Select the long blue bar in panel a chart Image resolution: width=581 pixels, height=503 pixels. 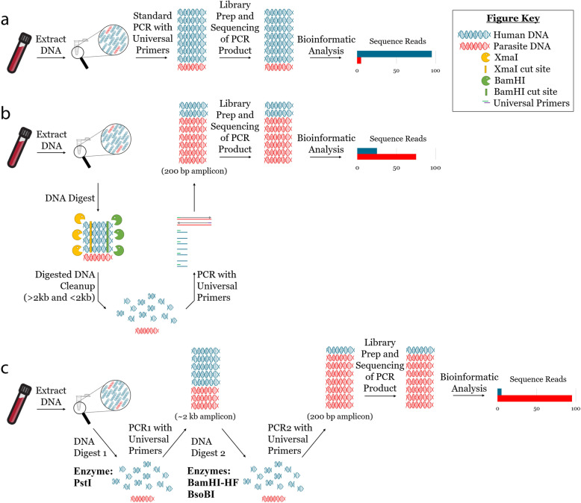click(x=394, y=54)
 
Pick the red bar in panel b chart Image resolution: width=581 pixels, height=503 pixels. click(x=386, y=157)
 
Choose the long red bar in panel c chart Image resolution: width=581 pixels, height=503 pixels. click(x=536, y=399)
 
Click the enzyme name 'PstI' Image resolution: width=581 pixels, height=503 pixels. click(x=80, y=470)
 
